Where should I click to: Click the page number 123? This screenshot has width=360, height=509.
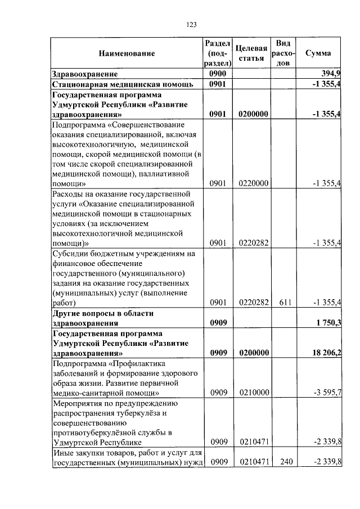tap(191, 24)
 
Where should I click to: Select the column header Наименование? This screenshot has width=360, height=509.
tap(127, 53)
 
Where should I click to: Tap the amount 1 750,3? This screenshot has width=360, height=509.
tap(327, 323)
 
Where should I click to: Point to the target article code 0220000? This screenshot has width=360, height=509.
tap(253, 183)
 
